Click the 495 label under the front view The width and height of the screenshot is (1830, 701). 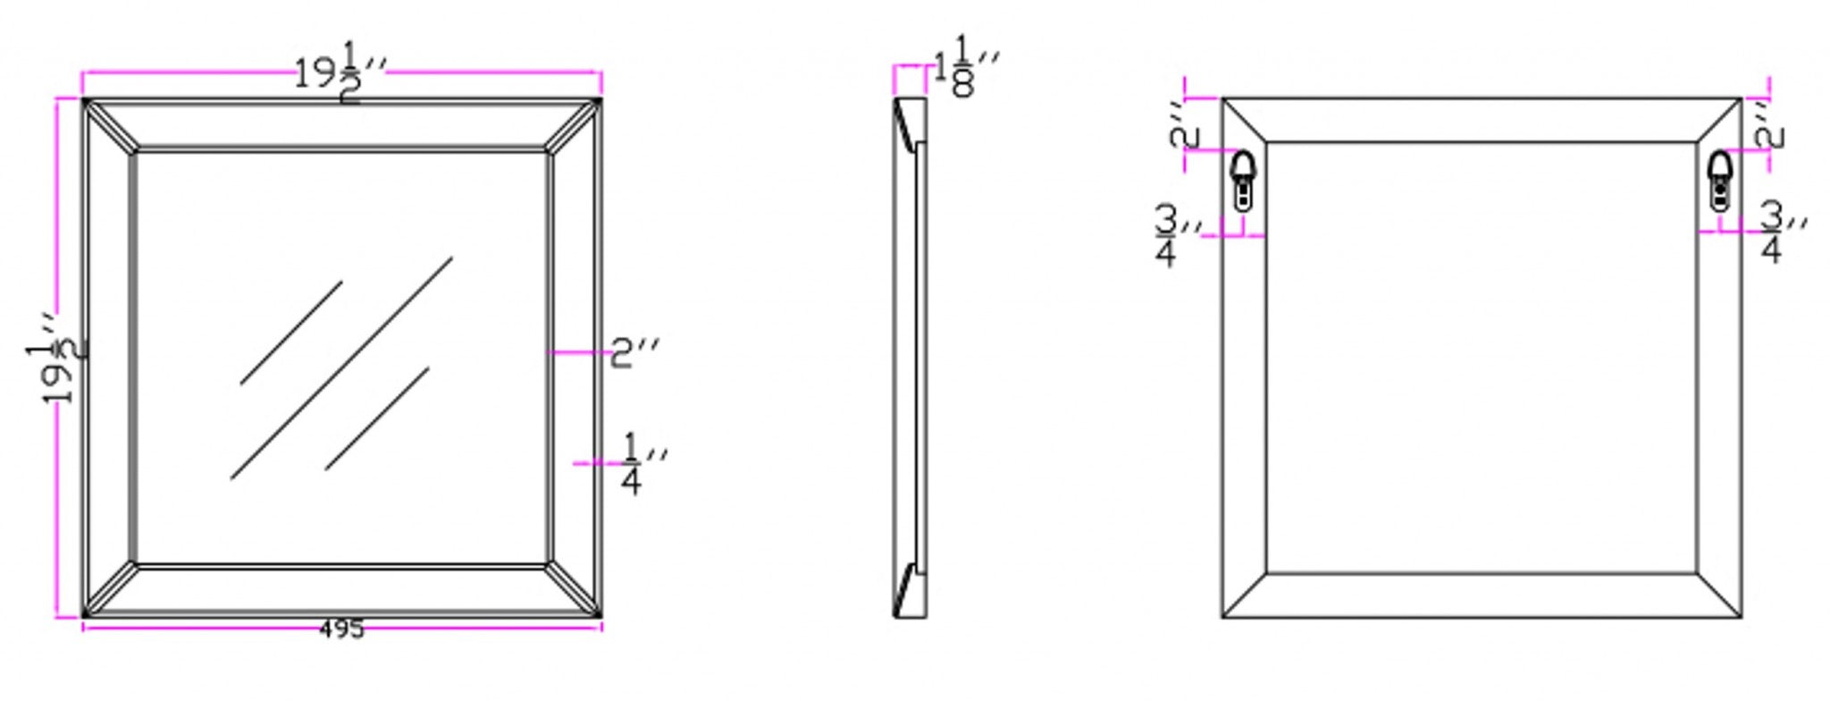click(341, 629)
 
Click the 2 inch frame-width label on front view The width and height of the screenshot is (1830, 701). click(633, 352)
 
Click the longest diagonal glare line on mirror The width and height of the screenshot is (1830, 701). click(341, 367)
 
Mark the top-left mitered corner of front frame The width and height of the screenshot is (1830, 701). click(109, 125)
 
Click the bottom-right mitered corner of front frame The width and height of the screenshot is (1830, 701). click(575, 590)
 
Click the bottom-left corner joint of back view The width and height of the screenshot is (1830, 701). click(1244, 595)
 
